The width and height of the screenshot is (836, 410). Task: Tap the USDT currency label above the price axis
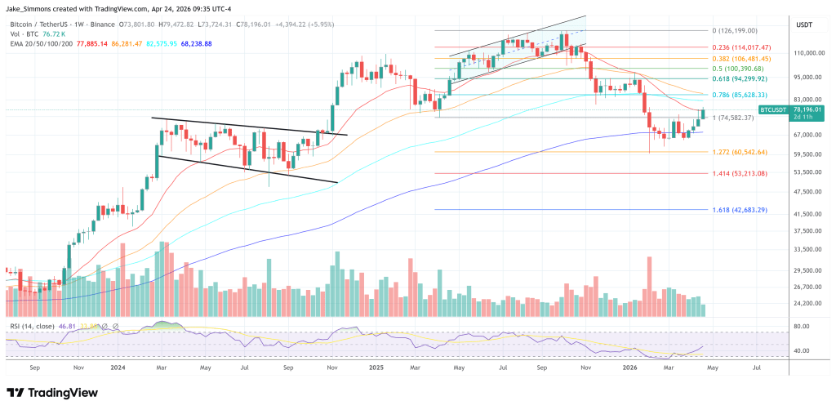[x=804, y=25]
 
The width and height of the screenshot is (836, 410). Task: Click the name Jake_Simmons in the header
[x=32, y=8]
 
